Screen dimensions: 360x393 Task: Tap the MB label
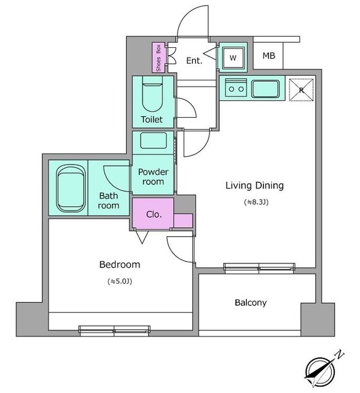click(268, 56)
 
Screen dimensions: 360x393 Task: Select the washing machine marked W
click(233, 58)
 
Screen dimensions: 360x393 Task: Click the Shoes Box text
click(158, 58)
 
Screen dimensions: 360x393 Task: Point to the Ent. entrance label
click(194, 60)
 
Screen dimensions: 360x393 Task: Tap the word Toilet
click(152, 119)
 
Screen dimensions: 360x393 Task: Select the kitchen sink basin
click(265, 88)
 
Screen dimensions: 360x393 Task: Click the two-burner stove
click(236, 87)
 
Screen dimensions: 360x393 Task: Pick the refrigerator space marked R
click(302, 90)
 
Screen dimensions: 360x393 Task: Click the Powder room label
click(153, 176)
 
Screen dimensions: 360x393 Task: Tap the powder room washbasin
click(154, 141)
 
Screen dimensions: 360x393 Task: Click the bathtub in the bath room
click(71, 189)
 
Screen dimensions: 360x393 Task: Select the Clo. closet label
click(154, 214)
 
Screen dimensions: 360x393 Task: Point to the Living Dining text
click(254, 185)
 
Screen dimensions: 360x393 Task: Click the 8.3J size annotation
click(256, 202)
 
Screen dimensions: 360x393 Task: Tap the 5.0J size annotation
click(120, 281)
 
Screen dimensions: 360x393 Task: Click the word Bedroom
click(120, 265)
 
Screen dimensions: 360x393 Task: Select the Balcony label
click(251, 303)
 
